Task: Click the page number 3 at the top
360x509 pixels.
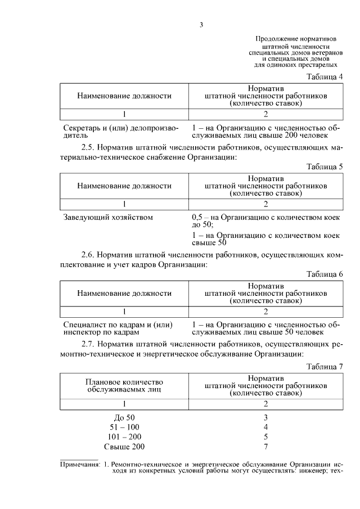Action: tap(201, 24)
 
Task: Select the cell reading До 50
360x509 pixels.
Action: tap(124, 417)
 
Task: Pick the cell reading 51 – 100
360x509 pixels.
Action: tap(124, 427)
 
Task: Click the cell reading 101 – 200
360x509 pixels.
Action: tap(124, 437)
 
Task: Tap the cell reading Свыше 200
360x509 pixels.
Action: tap(124, 447)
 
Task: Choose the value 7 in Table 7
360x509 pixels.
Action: tap(265, 447)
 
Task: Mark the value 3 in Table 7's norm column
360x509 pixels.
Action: tap(265, 417)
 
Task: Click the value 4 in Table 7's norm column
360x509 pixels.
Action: tap(265, 427)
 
